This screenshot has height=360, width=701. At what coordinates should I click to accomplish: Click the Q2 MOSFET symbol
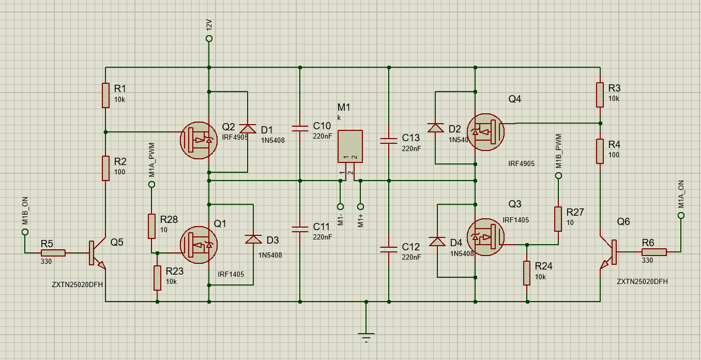199,140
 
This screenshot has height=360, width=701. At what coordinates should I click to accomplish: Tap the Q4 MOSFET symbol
485,132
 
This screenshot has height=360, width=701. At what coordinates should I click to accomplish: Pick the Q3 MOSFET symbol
485,237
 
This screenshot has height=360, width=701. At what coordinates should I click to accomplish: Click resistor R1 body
105,95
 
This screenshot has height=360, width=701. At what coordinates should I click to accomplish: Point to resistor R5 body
53,253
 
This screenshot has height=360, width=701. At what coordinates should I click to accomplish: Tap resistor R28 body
151,226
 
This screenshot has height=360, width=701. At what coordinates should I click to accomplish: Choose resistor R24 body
527,273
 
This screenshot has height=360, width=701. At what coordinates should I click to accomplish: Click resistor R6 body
654,252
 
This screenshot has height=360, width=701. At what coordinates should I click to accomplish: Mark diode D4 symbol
437,242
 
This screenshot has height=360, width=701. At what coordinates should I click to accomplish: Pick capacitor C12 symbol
389,250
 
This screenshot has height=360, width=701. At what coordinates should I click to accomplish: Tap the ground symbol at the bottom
366,336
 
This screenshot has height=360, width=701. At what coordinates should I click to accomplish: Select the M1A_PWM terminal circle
151,184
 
